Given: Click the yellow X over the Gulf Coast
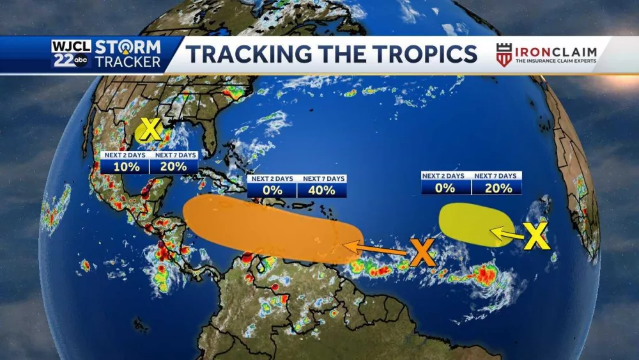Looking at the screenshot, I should (149, 130).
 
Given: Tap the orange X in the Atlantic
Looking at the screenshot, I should (422, 253).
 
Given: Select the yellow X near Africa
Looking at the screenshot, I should (536, 237).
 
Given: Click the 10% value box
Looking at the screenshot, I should (125, 166).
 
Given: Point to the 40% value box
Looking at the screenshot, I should (321, 190).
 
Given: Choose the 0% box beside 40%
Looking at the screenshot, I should (272, 190).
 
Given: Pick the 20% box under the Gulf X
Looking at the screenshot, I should (174, 166).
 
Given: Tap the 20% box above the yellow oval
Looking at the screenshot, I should (497, 187).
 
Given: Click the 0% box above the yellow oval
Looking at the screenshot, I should (445, 187).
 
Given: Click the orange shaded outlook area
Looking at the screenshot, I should (268, 227).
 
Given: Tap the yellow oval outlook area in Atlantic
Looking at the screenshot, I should (470, 224).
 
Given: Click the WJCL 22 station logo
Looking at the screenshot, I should (72, 54).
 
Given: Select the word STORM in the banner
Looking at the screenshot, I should (127, 47).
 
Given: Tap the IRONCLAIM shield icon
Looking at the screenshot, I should (504, 54).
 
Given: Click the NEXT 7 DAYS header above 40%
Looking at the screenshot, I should (323, 178).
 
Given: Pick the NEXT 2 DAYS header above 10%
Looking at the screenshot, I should (125, 155).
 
